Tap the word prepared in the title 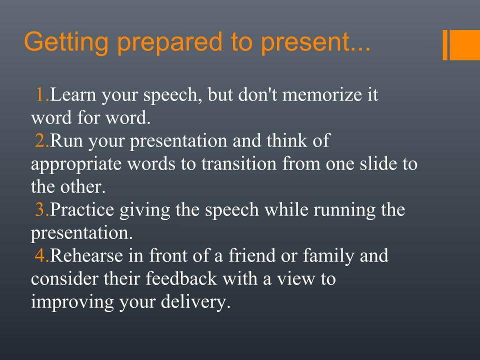pyautogui.click(x=170, y=43)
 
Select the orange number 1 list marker pyautogui.click(x=42, y=94)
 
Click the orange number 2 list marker pyautogui.click(x=42, y=141)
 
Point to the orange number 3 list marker pyautogui.click(x=42, y=210)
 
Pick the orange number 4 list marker pyautogui.click(x=42, y=256)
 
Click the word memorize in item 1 pyautogui.click(x=322, y=94)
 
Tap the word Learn pyautogui.click(x=73, y=94)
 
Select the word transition pyautogui.click(x=239, y=164)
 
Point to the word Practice pyautogui.click(x=81, y=210)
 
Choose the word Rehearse pyautogui.click(x=86, y=256)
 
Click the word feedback pyautogui.click(x=181, y=279)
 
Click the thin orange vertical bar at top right pyautogui.click(x=445, y=44)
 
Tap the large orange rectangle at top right pyautogui.click(x=464, y=44)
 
